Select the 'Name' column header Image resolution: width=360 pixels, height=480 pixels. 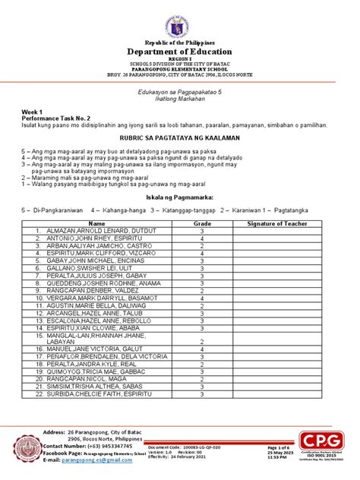pos(96,224)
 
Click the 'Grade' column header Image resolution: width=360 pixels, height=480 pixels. pos(202,224)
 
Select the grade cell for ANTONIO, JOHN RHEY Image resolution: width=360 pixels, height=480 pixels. pos(202,238)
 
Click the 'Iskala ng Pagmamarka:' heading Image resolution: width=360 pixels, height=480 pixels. pos(180,196)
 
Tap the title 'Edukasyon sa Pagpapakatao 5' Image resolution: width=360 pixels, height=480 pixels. pos(180,90)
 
